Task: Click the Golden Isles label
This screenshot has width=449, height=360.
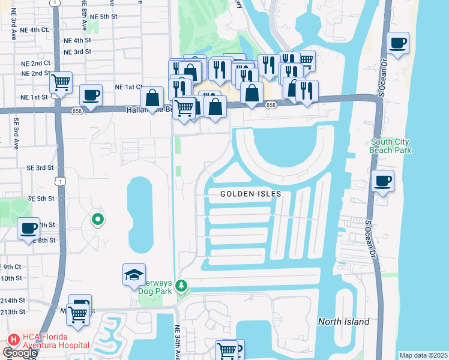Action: (x=250, y=194)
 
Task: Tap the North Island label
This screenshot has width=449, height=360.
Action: (x=343, y=322)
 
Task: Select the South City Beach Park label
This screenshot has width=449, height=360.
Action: (x=391, y=146)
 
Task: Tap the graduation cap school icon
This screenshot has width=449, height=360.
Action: (x=134, y=275)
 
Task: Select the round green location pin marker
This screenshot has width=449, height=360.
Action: (x=97, y=220)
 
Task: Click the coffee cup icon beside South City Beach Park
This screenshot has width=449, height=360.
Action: (x=382, y=179)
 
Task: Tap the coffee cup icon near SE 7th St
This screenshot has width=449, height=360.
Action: (x=28, y=228)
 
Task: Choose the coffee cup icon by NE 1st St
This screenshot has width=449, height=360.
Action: (x=91, y=95)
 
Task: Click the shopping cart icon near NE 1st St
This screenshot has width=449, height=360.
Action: (x=61, y=82)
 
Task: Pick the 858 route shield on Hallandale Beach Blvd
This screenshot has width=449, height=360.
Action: (x=271, y=105)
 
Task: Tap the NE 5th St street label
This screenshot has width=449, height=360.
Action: (x=103, y=17)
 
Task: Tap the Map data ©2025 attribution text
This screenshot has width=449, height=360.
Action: (x=424, y=355)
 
